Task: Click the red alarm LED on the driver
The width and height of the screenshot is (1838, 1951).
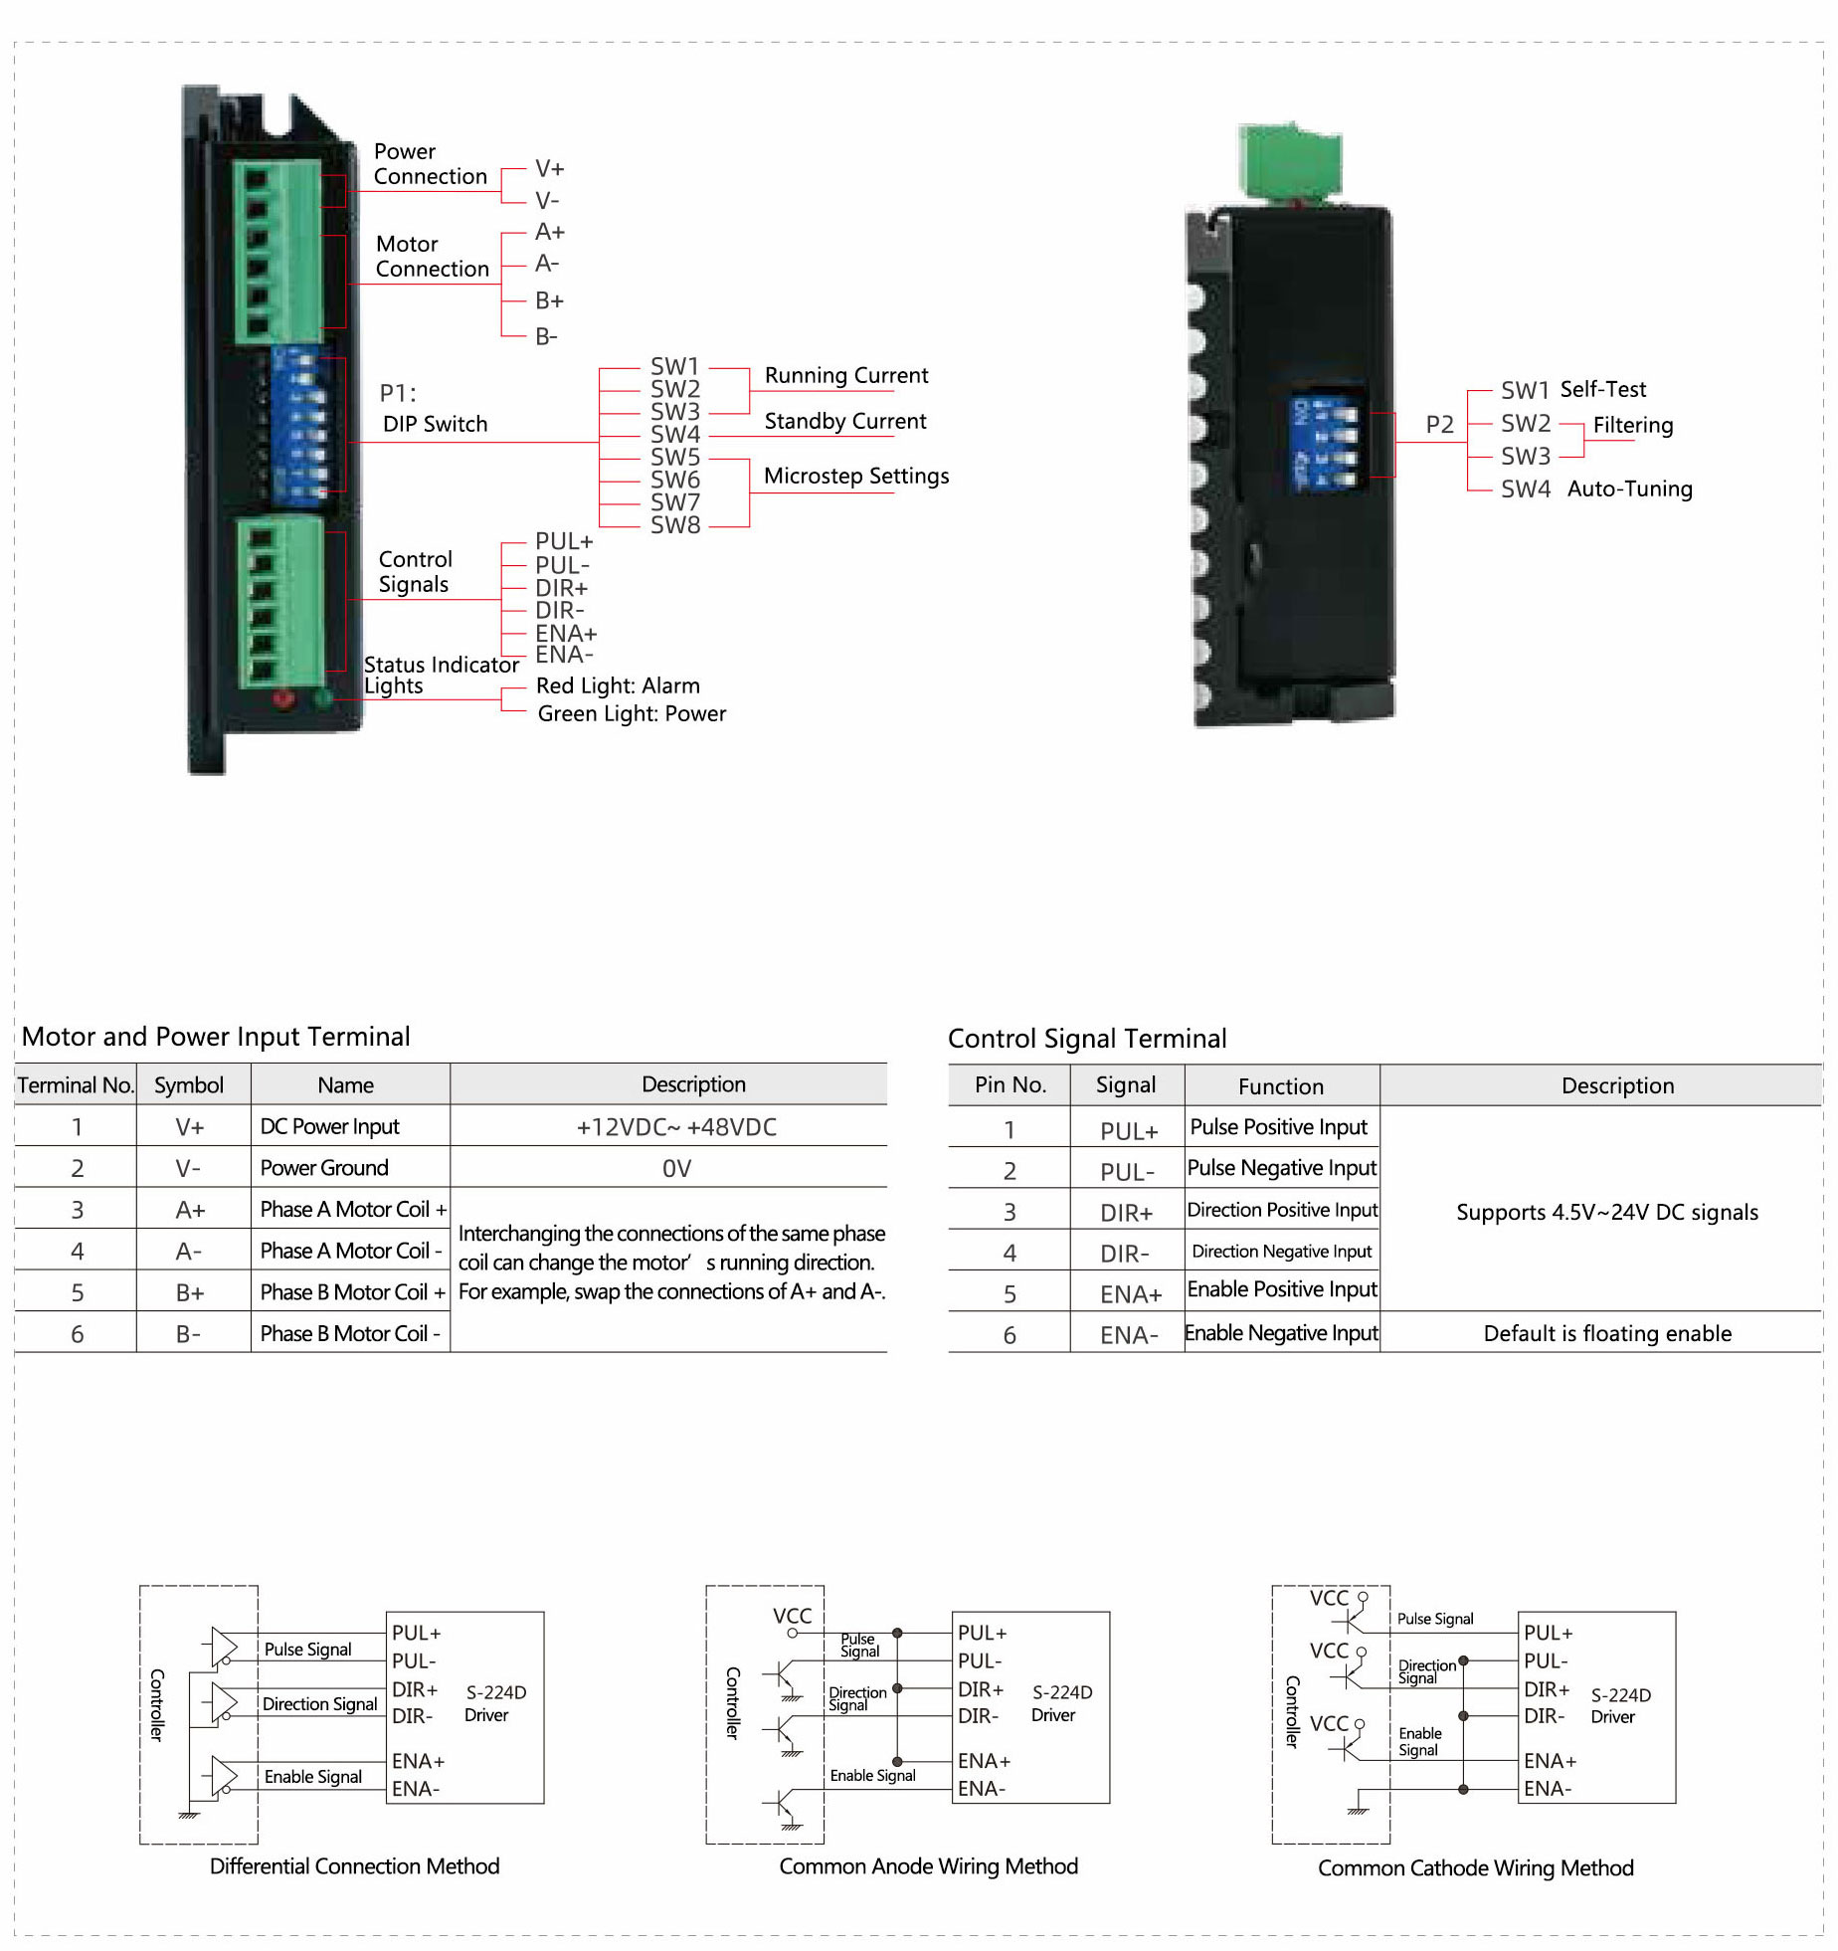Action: [283, 698]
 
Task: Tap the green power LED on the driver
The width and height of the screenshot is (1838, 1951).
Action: [322, 698]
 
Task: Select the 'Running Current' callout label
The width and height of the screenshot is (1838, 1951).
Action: [845, 376]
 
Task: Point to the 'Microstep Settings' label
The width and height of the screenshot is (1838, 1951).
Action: [855, 477]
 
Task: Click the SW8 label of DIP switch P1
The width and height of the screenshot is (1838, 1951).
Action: [675, 525]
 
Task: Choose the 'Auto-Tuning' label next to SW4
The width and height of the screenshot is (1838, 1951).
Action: [1629, 488]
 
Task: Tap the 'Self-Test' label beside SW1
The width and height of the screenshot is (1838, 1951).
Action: [1602, 389]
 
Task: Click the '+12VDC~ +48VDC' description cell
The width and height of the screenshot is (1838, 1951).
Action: [676, 1127]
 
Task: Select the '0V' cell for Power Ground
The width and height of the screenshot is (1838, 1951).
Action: [676, 1168]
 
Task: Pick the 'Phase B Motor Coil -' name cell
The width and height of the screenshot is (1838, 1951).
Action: [349, 1333]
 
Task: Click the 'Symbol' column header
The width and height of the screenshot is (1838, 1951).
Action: [189, 1085]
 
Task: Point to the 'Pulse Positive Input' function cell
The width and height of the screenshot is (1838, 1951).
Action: [1279, 1127]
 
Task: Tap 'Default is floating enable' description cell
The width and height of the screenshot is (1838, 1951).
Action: [1606, 1333]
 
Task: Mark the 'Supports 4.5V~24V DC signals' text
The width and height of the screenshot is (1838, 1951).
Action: [1606, 1212]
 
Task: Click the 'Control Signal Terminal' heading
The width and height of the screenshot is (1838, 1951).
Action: [1086, 1039]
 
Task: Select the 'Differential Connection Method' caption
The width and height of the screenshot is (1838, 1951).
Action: [354, 1865]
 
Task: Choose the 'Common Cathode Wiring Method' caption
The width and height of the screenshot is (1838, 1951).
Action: [1475, 1867]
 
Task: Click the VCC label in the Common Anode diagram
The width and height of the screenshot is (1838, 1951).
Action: [793, 1616]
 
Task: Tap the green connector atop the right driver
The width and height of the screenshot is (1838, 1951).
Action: [1290, 162]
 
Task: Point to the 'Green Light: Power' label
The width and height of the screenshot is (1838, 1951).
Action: [632, 713]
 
